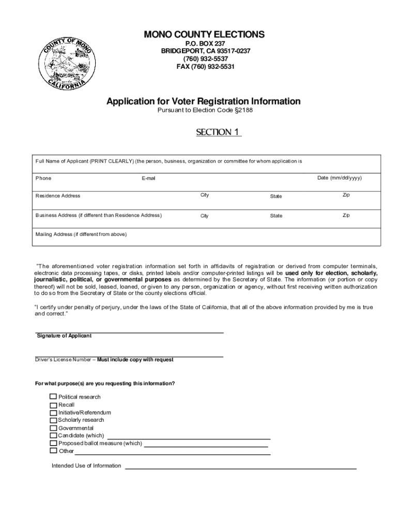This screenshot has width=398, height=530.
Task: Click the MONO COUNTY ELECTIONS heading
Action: point(204,35)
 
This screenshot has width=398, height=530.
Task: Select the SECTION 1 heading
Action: point(218,132)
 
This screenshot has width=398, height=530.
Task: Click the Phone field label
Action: point(43,178)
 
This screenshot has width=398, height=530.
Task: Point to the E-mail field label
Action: point(148,179)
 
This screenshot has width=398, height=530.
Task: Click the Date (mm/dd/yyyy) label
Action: point(340,178)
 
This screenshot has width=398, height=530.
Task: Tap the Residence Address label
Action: point(58,196)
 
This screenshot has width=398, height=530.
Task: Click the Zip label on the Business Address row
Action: point(346,215)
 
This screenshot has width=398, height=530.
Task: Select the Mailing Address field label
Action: point(81,234)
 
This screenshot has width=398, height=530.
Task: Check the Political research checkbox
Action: point(53,397)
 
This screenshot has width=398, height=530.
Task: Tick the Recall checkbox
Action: point(53,405)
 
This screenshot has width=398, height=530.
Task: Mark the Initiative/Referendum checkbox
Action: point(53,413)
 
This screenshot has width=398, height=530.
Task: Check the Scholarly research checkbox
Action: point(53,420)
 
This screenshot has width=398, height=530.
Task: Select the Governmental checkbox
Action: point(53,428)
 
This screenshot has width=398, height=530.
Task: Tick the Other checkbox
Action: point(53,451)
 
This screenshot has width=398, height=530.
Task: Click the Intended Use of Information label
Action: point(86,466)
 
